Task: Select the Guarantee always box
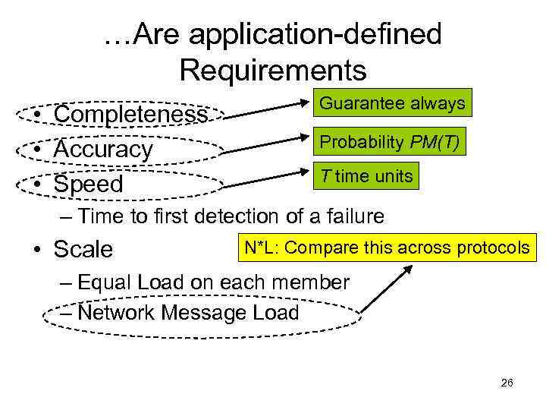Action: click(392, 103)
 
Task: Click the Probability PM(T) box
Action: click(389, 141)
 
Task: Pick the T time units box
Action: click(366, 177)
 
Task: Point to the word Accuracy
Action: click(103, 150)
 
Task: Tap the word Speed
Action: click(88, 184)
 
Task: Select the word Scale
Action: click(83, 249)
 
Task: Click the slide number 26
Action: click(507, 383)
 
